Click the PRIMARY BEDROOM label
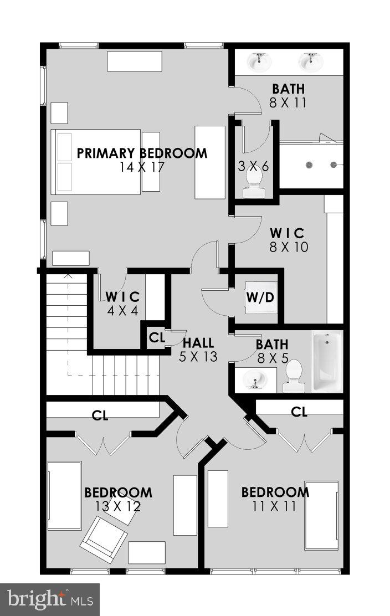point(142,153)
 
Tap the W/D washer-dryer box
point(260,297)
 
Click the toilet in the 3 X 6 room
point(254,182)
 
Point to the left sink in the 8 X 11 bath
point(259,62)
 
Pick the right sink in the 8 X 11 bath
point(311,62)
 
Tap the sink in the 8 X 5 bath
point(255,380)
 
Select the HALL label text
point(198,343)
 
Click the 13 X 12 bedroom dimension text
point(118,506)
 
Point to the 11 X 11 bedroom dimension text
point(275,506)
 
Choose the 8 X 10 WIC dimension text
point(288,247)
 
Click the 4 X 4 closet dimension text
point(122,310)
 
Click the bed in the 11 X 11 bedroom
point(321,515)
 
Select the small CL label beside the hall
point(157,337)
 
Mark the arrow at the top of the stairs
point(68,275)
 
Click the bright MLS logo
point(50,599)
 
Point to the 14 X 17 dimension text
point(142,167)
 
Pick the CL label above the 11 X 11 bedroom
point(299,412)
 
